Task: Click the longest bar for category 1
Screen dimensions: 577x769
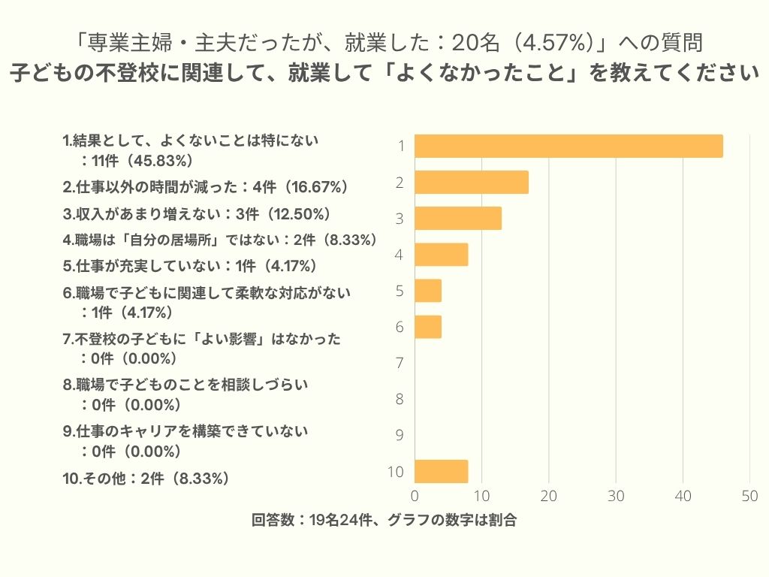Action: (568, 146)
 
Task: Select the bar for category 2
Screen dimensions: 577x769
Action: (472, 183)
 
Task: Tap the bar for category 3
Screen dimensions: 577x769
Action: (458, 219)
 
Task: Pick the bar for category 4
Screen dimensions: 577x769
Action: (442, 255)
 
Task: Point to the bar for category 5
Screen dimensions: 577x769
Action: (428, 291)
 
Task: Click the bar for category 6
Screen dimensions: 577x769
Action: (428, 327)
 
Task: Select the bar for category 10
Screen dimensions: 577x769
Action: (442, 471)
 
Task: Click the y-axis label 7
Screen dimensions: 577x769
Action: (400, 363)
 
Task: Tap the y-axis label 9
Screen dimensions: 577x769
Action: (400, 435)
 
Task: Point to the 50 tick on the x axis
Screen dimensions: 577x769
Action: (749, 497)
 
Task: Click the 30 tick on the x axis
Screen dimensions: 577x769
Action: (616, 497)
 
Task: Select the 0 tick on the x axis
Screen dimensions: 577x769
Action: (415, 497)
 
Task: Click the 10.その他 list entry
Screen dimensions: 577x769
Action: (146, 478)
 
